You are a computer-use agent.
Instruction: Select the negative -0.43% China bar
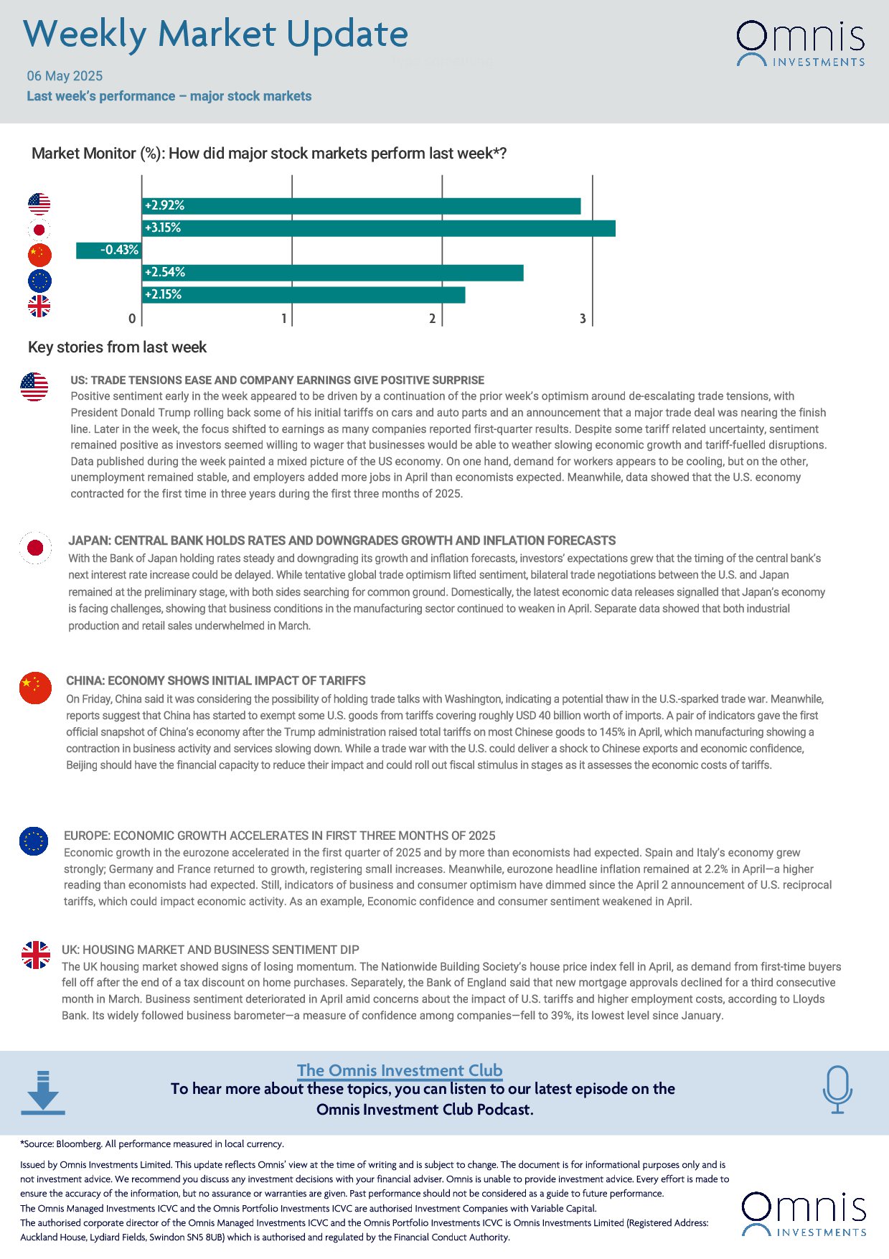point(108,250)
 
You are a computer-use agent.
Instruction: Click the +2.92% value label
point(164,206)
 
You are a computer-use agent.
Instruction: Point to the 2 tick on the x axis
point(433,319)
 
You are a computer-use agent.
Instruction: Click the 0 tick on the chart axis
point(132,319)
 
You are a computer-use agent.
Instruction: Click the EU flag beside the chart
point(39,281)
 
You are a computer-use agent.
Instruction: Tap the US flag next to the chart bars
point(39,204)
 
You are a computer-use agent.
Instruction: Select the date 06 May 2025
point(65,76)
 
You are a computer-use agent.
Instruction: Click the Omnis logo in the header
point(800,43)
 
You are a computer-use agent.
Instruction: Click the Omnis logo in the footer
point(804,1214)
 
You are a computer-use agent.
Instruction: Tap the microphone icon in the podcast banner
point(837,1090)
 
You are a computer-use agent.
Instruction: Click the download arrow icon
point(43,1092)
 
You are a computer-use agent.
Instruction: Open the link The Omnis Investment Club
point(400,1070)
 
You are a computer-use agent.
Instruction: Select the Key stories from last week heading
point(117,347)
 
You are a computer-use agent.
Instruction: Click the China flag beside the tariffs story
point(35,688)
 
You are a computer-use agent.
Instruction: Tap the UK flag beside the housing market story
point(35,955)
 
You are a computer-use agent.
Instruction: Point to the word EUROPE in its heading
point(86,836)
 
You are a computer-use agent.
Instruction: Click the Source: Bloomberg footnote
point(152,1144)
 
